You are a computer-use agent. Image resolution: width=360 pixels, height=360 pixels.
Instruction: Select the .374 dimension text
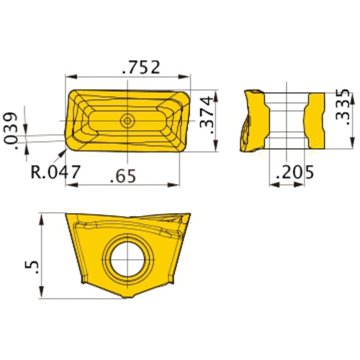coord(206,122)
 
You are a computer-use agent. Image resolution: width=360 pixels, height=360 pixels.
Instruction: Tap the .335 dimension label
coord(343,109)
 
